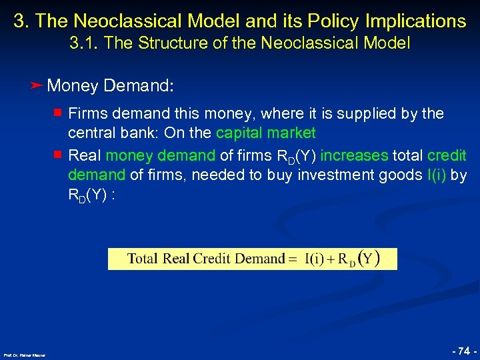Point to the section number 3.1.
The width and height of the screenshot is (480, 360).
pyautogui.click(x=82, y=44)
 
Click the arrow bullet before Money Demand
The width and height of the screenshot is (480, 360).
pyautogui.click(x=37, y=85)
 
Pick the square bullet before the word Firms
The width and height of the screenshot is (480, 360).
pyautogui.click(x=59, y=113)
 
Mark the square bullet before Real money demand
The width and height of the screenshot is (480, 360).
pyautogui.click(x=59, y=155)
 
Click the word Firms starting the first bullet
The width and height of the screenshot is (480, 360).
pyautogui.click(x=87, y=114)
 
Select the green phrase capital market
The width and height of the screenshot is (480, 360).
pyautogui.click(x=266, y=133)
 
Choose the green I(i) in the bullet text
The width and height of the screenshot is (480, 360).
pyautogui.click(x=433, y=175)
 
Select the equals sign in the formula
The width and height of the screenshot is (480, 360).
pyautogui.click(x=292, y=259)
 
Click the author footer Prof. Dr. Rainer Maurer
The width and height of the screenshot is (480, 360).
pyautogui.click(x=24, y=355)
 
